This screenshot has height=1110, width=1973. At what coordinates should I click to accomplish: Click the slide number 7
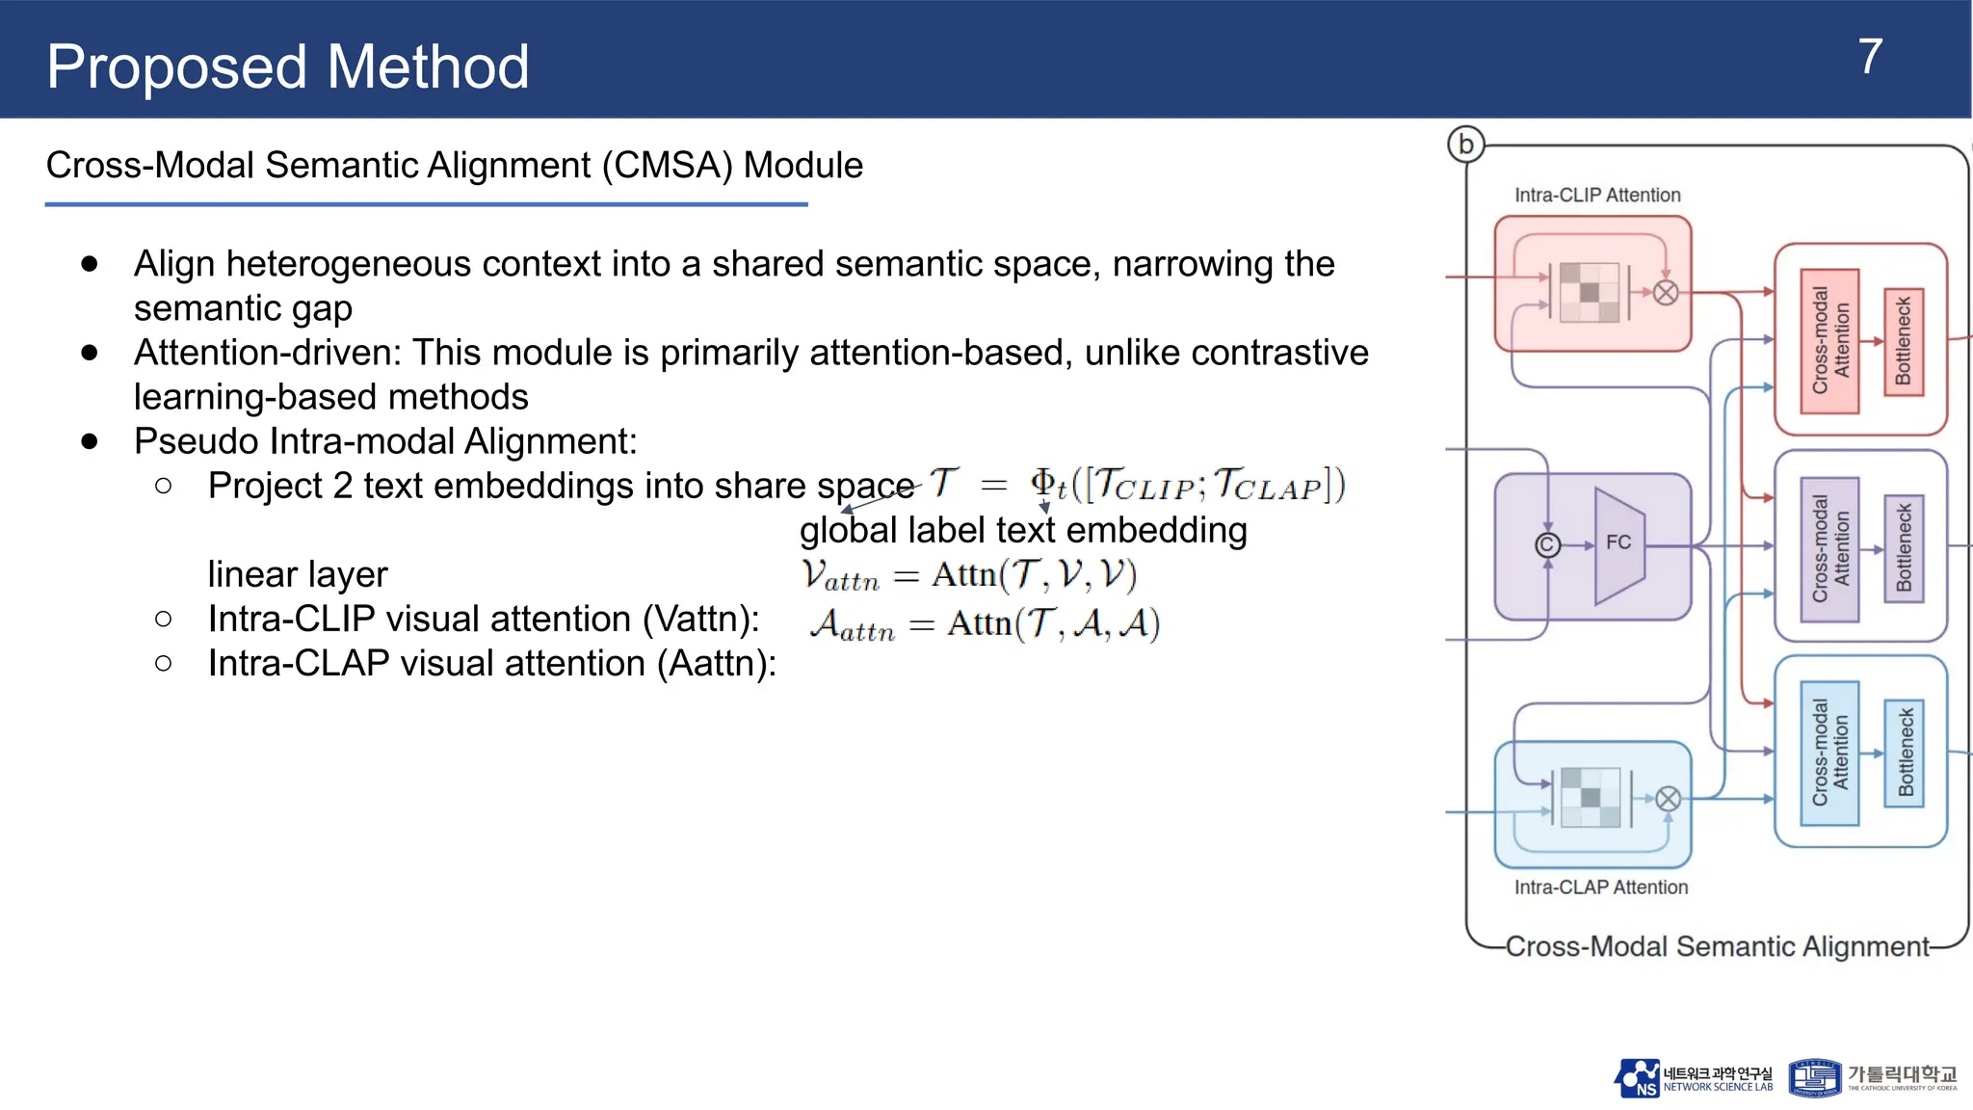[1869, 58]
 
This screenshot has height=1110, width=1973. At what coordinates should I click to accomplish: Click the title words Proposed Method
[287, 67]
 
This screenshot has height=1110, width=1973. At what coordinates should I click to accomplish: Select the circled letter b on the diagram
[1465, 145]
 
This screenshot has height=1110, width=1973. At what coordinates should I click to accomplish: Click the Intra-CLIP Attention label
[1596, 195]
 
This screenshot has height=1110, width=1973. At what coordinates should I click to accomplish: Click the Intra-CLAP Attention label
[1600, 886]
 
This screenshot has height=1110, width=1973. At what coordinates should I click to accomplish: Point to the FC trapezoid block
[1619, 544]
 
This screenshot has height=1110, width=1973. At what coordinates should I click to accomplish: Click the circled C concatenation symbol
[1547, 545]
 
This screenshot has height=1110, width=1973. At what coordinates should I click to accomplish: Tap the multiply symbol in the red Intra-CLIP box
[1666, 293]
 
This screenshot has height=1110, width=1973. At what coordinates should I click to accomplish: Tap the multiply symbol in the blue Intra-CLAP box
[1669, 799]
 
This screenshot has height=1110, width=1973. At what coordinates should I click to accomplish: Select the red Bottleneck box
[1903, 341]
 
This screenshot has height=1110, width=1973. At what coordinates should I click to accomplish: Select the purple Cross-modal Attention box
[1829, 548]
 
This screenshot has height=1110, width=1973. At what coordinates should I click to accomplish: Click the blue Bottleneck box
[1905, 753]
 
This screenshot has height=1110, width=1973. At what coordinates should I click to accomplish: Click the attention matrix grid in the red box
[1589, 292]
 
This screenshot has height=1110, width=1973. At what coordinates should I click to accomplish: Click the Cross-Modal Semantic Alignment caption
[1717, 946]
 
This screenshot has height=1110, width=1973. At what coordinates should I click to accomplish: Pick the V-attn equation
[969, 575]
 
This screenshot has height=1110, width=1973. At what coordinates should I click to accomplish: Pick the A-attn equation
[985, 624]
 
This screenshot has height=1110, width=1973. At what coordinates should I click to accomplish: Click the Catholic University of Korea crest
[1814, 1078]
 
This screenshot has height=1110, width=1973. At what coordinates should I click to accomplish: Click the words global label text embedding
[1023, 530]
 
